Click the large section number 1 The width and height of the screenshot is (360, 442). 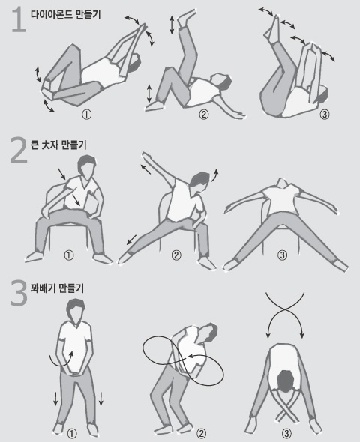pyautogui.click(x=16, y=19)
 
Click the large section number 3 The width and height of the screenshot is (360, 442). pyautogui.click(x=16, y=294)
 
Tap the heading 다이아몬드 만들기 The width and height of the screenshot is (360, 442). pyautogui.click(x=65, y=13)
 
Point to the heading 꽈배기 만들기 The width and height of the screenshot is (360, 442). pyautogui.click(x=57, y=287)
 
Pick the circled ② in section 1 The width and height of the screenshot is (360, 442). pyautogui.click(x=203, y=115)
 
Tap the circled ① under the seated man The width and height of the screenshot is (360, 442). pyautogui.click(x=69, y=255)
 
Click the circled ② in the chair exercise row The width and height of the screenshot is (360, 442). pyautogui.click(x=176, y=255)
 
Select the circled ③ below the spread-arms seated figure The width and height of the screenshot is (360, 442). pyautogui.click(x=282, y=255)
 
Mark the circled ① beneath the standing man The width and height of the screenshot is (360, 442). pyautogui.click(x=73, y=432)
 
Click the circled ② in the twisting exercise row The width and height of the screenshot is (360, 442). pyautogui.click(x=201, y=432)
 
